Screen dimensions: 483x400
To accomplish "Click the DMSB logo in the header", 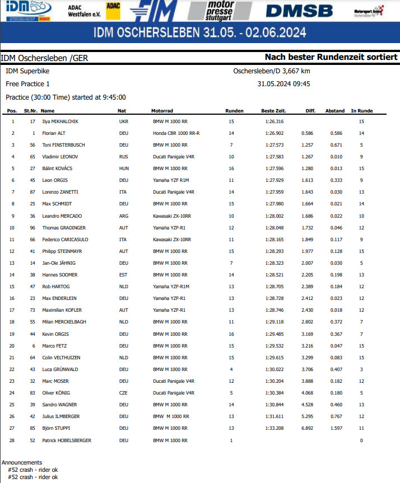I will [x=299, y=11].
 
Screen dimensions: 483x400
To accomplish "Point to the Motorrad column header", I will [x=162, y=111].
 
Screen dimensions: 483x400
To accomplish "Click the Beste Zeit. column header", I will [x=274, y=111].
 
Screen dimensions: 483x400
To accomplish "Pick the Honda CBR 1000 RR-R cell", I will [x=176, y=133].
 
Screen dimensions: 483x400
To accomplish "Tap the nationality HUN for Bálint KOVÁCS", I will [x=124, y=168].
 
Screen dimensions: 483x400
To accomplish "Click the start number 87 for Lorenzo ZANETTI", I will [x=32, y=192].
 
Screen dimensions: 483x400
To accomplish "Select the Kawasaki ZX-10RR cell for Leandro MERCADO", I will [x=172, y=216].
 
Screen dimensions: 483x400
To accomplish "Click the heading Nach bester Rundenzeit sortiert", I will [x=331, y=57].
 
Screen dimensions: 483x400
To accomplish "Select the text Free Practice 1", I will [x=28, y=84].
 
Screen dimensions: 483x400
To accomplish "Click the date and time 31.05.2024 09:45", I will [x=283, y=84].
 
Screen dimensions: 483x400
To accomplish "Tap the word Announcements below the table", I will [x=22, y=463].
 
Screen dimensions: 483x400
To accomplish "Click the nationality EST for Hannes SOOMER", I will [x=123, y=275].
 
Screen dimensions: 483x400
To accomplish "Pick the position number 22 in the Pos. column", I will [x=12, y=369].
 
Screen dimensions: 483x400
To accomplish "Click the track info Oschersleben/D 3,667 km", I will [x=272, y=71].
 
